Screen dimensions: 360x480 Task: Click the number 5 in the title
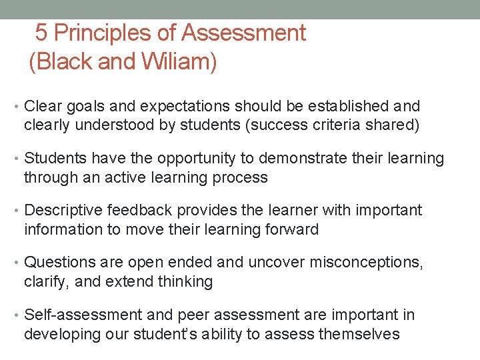tap(41, 33)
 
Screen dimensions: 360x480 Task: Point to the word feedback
tap(139, 211)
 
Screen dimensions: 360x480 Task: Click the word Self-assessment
tap(83, 315)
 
